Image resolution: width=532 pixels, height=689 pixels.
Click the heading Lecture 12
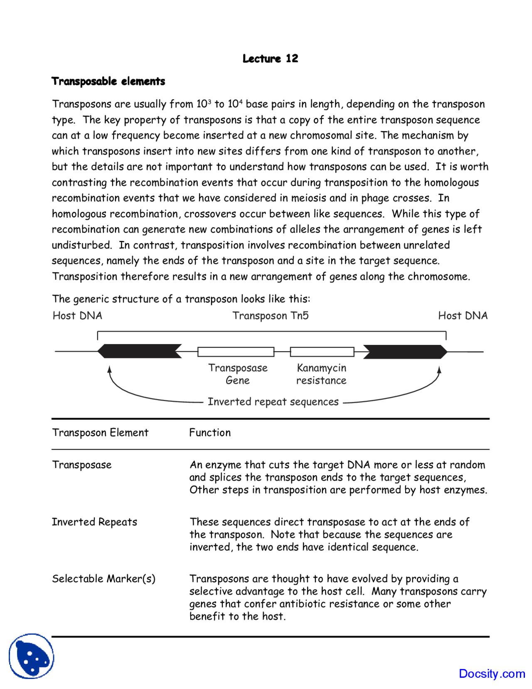pyautogui.click(x=270, y=59)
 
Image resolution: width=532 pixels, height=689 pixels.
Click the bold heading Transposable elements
pyautogui.click(x=108, y=81)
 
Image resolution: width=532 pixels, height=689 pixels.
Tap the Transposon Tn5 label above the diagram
pyautogui.click(x=270, y=316)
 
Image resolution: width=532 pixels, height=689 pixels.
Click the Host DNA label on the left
pyautogui.click(x=77, y=316)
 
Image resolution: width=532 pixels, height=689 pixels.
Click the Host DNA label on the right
pyautogui.click(x=463, y=316)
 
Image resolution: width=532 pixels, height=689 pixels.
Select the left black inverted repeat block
pyautogui.click(x=139, y=351)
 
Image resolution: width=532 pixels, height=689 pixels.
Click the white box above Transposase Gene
pyautogui.click(x=236, y=352)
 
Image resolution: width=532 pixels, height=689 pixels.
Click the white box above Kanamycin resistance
pyautogui.click(x=322, y=352)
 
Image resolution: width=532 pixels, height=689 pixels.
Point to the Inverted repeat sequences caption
pyautogui.click(x=273, y=402)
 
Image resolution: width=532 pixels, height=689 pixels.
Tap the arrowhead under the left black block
pyautogui.click(x=109, y=369)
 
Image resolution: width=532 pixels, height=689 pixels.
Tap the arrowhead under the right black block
pyautogui.click(x=439, y=369)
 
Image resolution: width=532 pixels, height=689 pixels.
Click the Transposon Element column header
pyautogui.click(x=100, y=433)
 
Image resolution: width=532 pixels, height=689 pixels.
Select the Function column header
pyautogui.click(x=209, y=433)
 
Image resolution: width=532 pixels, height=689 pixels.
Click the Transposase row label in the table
pyautogui.click(x=82, y=465)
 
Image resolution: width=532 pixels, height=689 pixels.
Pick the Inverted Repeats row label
pyautogui.click(x=94, y=522)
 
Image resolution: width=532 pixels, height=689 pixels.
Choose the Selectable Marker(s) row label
pyautogui.click(x=103, y=579)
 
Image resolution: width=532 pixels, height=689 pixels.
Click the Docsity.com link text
pyautogui.click(x=492, y=674)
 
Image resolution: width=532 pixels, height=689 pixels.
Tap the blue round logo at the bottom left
pyautogui.click(x=31, y=656)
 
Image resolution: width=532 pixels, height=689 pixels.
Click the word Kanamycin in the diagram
pyautogui.click(x=321, y=368)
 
